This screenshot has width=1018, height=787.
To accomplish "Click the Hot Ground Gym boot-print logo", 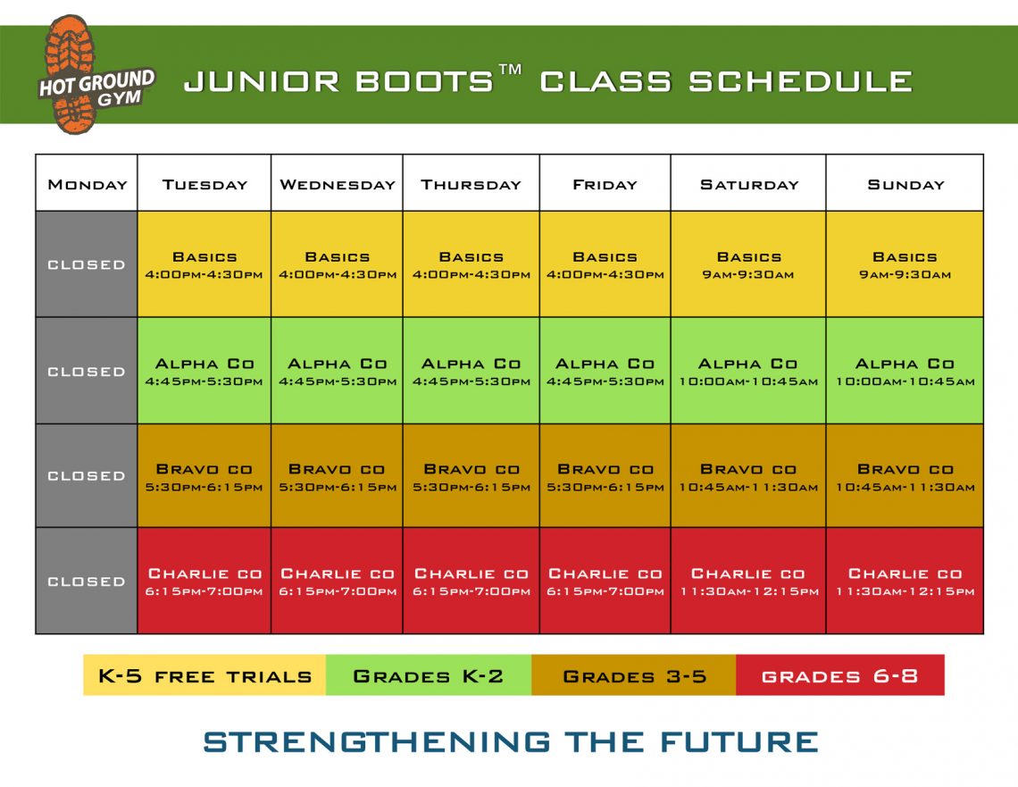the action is coord(96,75).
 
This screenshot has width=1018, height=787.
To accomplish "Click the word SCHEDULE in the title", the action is coord(800,82).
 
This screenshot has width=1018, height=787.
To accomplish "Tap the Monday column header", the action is coord(87,183).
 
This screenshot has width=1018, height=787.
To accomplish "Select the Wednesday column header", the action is coord(337,183).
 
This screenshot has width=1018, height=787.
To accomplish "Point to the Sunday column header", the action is coord(905,183).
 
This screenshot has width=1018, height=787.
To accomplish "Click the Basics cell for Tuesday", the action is coord(204,264).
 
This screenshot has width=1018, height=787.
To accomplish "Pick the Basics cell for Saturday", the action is coord(748,264).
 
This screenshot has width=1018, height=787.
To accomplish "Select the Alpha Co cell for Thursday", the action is coord(471,371).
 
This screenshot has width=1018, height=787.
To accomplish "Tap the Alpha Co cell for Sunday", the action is coord(905,371).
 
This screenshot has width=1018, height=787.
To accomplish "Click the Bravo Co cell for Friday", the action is coord(605,476).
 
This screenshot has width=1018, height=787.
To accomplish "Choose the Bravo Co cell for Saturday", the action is coord(748,476).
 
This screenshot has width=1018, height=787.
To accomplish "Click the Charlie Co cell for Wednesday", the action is coord(337,581).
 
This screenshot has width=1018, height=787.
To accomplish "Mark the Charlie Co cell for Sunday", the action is coord(905,581).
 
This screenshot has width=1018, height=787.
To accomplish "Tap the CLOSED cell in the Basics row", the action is coord(87,264).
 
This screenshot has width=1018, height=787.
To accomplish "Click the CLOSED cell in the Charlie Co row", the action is coord(87,581).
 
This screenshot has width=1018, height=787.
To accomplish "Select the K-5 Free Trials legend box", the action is coord(204,675).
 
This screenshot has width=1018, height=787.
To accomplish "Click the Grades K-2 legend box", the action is coord(429,675).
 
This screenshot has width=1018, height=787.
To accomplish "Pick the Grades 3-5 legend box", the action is coord(634,675).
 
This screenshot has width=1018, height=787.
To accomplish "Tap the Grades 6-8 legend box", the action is coord(840,675).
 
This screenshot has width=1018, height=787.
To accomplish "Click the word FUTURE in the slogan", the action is coord(739,741).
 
